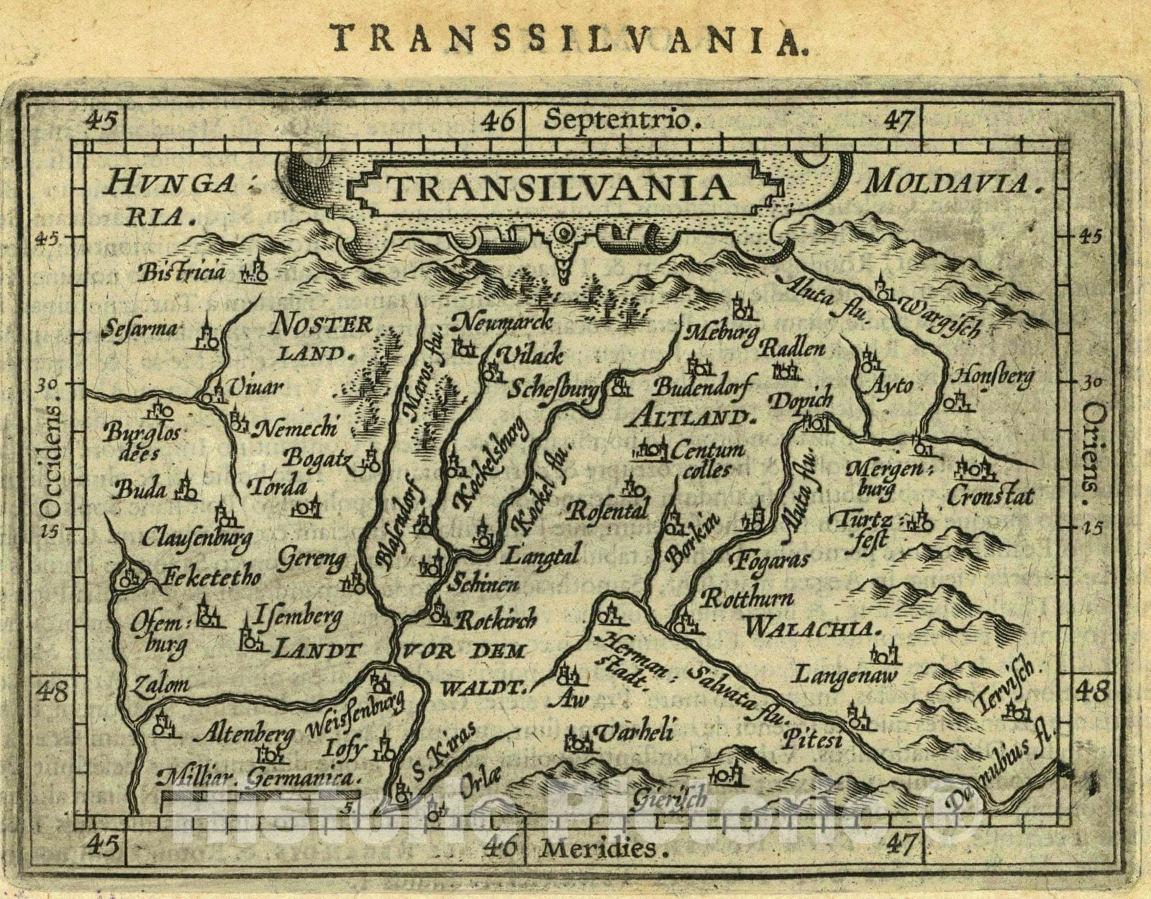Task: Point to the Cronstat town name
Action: point(991,496)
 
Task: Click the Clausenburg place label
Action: point(196,537)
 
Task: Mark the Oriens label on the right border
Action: point(1092,446)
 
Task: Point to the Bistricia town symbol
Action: point(254,271)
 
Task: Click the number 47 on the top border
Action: point(898,119)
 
